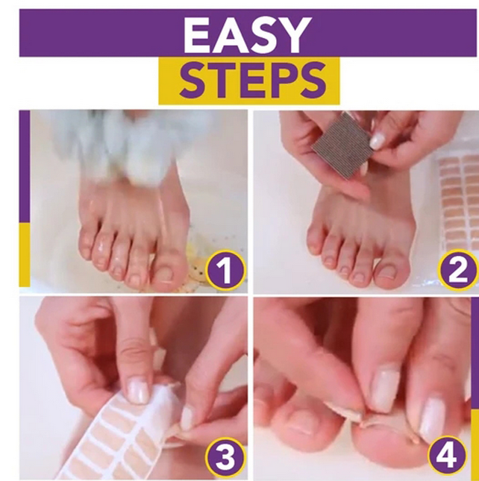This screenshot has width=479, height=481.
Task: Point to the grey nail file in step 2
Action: pyautogui.click(x=342, y=146)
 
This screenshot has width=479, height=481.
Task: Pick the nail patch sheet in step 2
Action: pyautogui.click(x=457, y=201)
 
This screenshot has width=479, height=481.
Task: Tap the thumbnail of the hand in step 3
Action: pyautogui.click(x=139, y=389)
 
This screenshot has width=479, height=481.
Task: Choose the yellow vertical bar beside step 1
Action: pyautogui.click(x=25, y=254)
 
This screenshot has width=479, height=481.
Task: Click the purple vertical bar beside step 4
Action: pyautogui.click(x=475, y=350)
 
